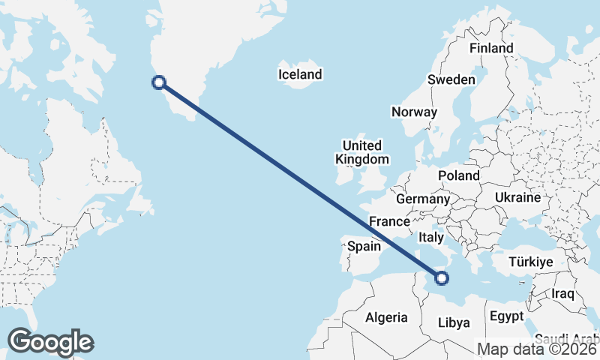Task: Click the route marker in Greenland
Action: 158,83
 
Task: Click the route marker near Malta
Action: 441,277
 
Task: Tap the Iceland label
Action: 300,74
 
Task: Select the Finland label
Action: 491,48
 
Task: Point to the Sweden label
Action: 451,79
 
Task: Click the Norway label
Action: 414,112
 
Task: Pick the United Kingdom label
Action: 362,152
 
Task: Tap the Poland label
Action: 459,175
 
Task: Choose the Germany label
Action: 422,199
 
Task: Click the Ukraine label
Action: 517,198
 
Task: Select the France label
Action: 389,221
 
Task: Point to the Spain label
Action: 363,246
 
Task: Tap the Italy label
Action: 432,236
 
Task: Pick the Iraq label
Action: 562,292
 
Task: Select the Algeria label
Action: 386,317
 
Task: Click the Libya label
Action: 454,323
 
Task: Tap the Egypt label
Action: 507,317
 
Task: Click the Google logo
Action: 50,342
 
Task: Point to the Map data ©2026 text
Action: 537,349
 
